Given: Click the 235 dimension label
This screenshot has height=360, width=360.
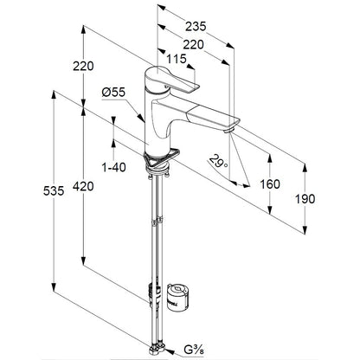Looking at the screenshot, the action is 196,26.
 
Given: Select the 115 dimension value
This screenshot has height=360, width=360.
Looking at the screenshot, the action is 177,59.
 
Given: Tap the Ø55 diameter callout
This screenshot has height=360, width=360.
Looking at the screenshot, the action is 113,93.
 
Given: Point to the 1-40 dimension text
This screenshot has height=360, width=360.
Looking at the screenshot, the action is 114,167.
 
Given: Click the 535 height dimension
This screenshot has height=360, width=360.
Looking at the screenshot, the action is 54,190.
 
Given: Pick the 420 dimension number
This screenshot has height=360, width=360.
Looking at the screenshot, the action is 83,186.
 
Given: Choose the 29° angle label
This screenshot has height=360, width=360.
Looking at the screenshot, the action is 218,161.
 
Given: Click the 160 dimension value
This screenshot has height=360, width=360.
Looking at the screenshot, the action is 270,184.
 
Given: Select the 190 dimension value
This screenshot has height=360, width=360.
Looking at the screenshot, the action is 305,199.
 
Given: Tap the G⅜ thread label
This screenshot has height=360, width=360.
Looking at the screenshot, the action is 194,350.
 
